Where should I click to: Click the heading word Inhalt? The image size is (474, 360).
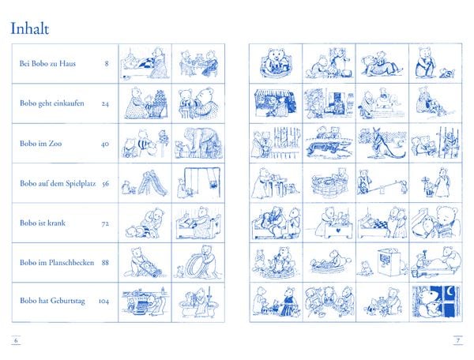[x=30, y=28]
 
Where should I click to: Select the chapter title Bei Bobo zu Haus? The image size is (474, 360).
[x=47, y=63]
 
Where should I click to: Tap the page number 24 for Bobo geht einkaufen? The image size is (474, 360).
[x=105, y=103]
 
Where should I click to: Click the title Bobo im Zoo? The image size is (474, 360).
[x=41, y=143]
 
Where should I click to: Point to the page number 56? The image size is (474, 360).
[x=105, y=184]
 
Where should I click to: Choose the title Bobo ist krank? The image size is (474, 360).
[x=43, y=223]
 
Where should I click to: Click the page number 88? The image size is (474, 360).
[x=105, y=263]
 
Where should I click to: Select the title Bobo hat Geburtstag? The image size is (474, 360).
[x=52, y=301]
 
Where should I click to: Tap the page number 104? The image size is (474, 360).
[x=103, y=301]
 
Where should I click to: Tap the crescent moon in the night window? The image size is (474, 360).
[x=450, y=291]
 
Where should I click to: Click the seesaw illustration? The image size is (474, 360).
[x=382, y=183]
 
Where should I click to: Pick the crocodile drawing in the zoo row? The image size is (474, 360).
[x=329, y=148]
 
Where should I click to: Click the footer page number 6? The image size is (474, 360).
[x=17, y=340]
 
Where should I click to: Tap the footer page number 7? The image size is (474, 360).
[x=458, y=340]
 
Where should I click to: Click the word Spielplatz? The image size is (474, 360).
[x=80, y=183]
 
